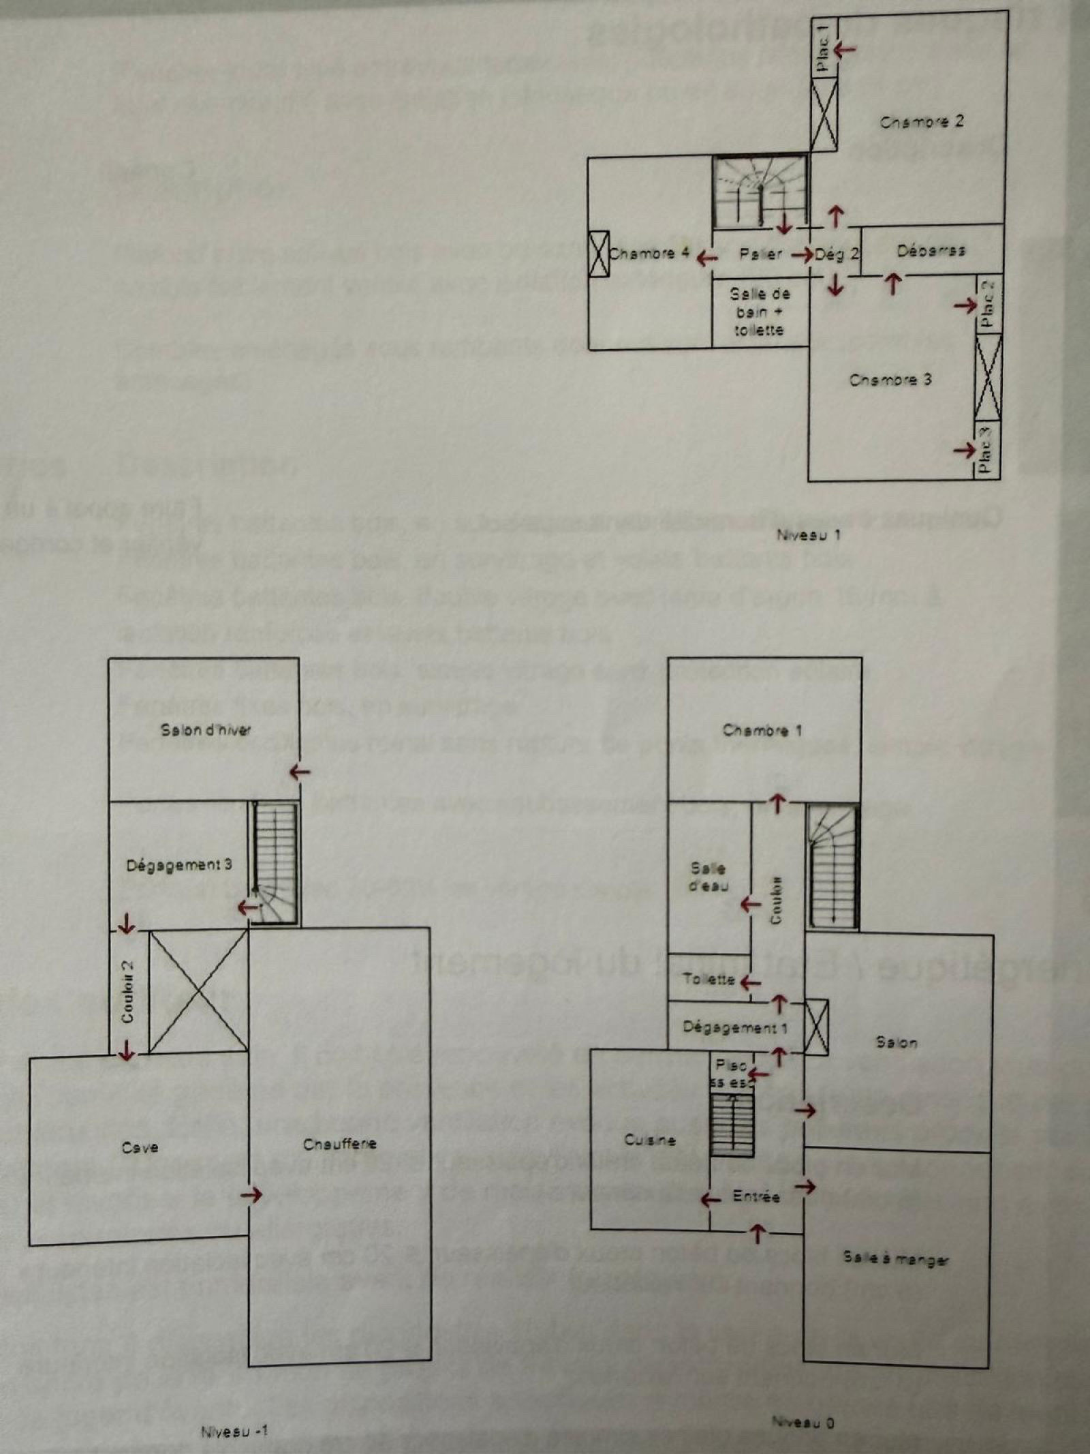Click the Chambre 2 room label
[922, 122]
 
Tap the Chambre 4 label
[649, 254]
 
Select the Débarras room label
[931, 250]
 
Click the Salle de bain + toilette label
[759, 312]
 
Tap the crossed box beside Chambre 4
[598, 254]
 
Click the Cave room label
[140, 1148]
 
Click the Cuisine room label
[650, 1140]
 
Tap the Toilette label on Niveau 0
[709, 980]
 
